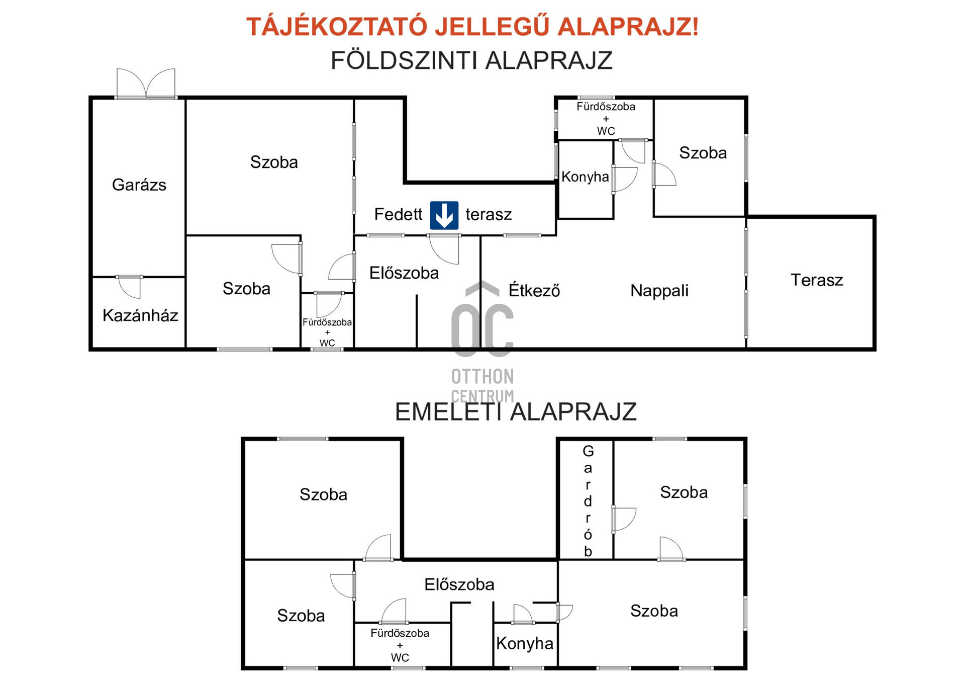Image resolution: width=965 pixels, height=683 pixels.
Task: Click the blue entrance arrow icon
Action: coord(444,215)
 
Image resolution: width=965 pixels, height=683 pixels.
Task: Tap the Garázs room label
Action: coord(139,185)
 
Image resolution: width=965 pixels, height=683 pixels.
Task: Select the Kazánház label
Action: coord(140,315)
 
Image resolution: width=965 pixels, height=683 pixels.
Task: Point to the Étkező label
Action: coord(534,290)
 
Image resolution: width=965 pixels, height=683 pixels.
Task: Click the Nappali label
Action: coord(659,291)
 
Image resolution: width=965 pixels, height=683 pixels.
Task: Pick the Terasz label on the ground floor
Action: coord(817,280)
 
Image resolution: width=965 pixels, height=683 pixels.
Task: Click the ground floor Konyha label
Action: coord(585,177)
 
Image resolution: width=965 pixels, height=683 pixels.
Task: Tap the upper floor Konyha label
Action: coord(525,643)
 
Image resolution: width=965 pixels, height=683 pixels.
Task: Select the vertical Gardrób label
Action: coord(588,501)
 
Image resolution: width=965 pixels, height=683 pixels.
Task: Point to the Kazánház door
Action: coord(130,287)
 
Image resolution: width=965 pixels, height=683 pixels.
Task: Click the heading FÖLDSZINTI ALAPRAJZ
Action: coord(471,61)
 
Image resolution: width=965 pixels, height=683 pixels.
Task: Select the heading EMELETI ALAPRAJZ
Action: coord(516,411)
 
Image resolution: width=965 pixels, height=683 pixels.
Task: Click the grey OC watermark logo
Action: coord(482,319)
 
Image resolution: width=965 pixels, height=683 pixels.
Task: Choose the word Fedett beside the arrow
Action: coord(398,214)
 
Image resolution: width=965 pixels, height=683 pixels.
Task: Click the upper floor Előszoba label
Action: coord(459,584)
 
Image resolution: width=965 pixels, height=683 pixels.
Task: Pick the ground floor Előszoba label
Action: coord(404,273)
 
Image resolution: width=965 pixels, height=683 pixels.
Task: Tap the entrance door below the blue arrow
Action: coord(444,249)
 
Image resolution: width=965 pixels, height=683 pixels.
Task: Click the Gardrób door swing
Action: coord(624,520)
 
